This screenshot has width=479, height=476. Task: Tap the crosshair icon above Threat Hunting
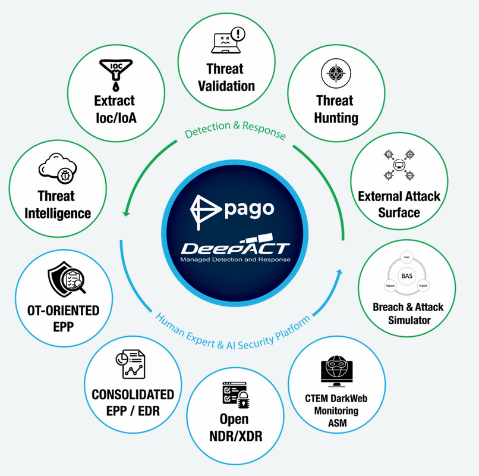point(333,74)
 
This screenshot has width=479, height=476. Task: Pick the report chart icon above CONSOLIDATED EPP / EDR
point(132,364)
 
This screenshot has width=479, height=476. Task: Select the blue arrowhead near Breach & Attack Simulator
point(341,271)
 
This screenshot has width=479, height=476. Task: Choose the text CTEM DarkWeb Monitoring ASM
point(336,411)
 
